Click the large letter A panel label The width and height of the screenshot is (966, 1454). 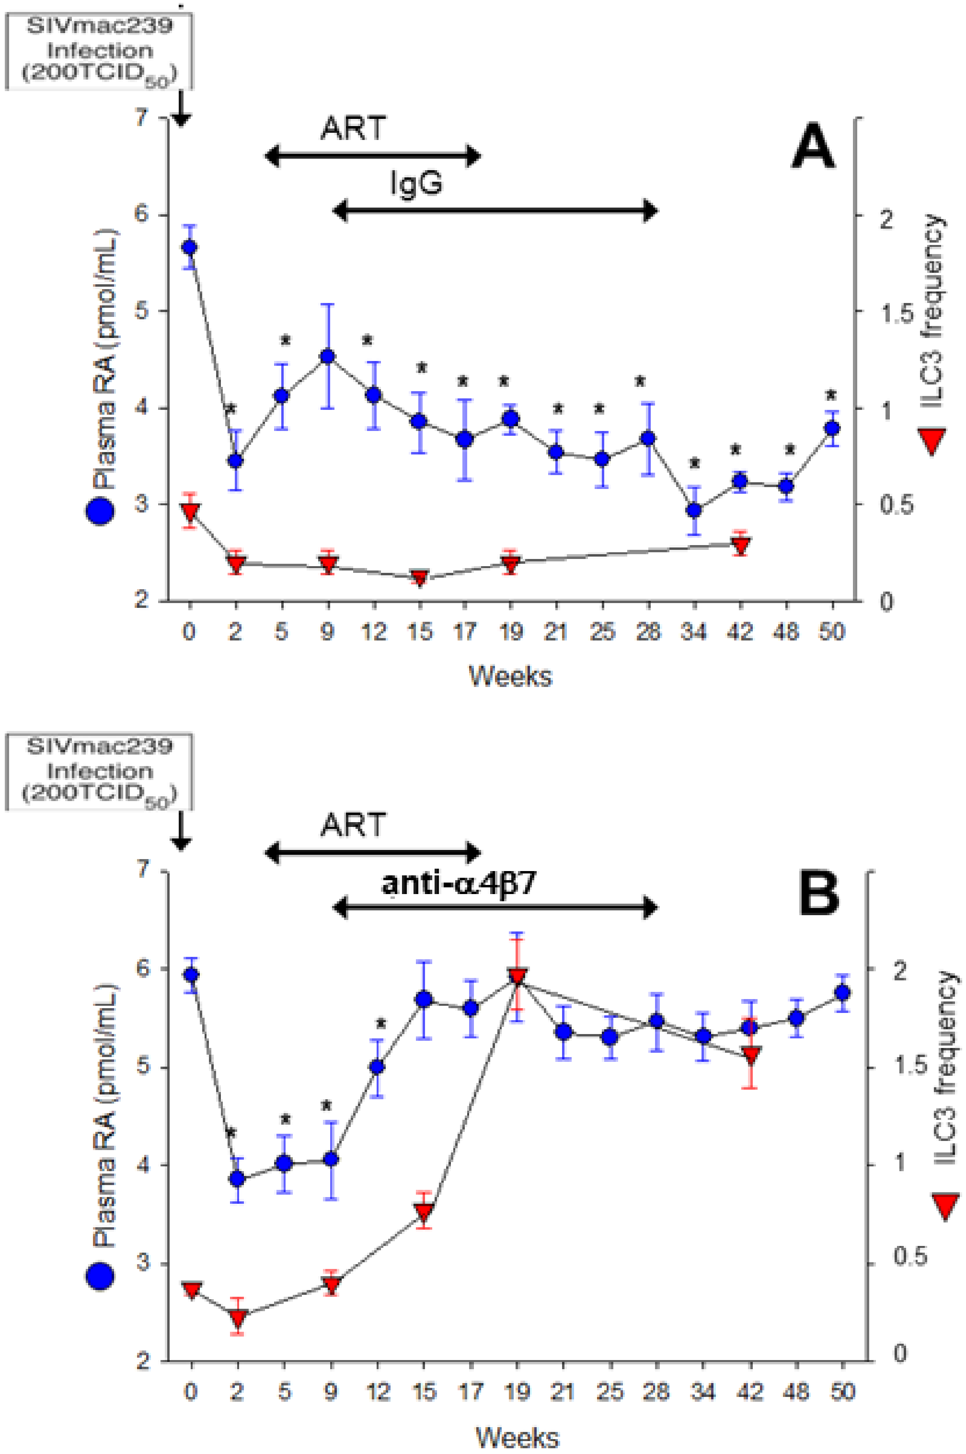(x=813, y=146)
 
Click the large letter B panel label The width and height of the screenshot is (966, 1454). (x=819, y=895)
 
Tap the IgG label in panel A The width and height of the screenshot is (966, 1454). (x=416, y=183)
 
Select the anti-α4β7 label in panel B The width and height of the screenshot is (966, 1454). (x=459, y=883)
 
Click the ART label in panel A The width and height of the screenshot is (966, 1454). (x=354, y=128)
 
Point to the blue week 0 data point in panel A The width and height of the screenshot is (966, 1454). (x=189, y=247)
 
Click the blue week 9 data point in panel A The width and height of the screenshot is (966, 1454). (x=328, y=356)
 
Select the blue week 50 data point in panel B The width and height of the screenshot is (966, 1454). (x=842, y=993)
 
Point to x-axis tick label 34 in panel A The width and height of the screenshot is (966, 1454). (x=694, y=632)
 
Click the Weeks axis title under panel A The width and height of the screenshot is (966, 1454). (x=510, y=676)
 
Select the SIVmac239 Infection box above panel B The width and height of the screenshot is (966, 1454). (x=99, y=770)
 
